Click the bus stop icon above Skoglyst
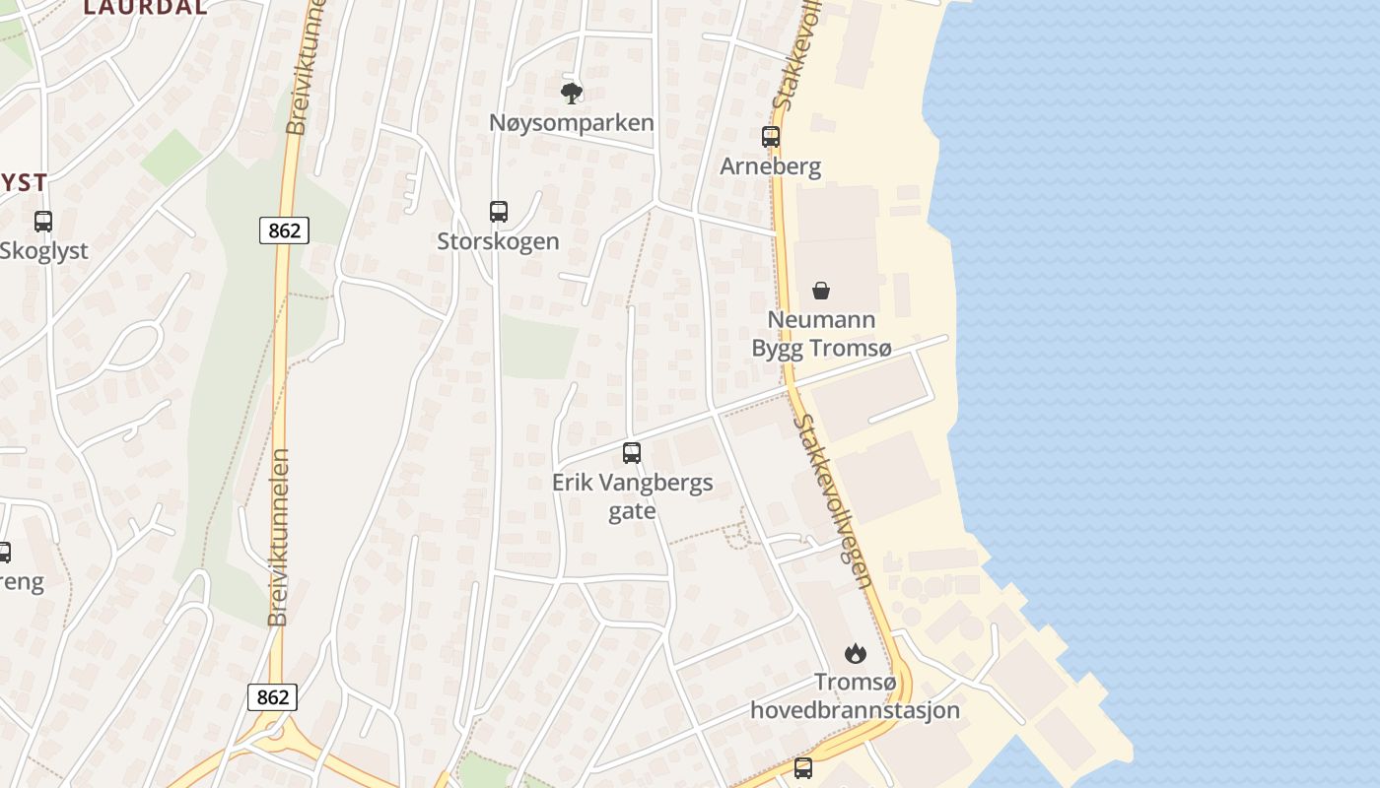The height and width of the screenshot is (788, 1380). pos(43,222)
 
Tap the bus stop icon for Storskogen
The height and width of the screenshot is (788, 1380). pos(499,212)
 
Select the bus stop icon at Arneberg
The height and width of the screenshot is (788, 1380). pos(771,137)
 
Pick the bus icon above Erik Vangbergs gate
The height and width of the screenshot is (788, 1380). pos(632,453)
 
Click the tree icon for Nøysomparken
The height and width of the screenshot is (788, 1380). pos(572,94)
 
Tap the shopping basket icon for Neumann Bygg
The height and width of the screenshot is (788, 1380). pos(821,291)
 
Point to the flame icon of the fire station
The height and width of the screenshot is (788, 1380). pos(855,653)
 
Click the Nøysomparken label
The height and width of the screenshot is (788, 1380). pos(572,123)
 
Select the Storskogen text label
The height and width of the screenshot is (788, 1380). pos(499,241)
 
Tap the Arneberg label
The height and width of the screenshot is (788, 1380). pos(771,166)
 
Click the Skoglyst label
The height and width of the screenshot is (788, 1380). pos(44,251)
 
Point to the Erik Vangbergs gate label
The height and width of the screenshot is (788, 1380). pos(632,496)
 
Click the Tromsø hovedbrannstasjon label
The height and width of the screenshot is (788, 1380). pos(855,695)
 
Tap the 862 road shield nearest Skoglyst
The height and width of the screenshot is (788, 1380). pos(285,230)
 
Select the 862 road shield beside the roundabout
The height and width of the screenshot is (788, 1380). pos(272,697)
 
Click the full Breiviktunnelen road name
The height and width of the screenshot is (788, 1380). pos(280,537)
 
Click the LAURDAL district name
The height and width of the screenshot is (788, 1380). pos(145,7)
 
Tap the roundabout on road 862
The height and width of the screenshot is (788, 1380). pos(275,732)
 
